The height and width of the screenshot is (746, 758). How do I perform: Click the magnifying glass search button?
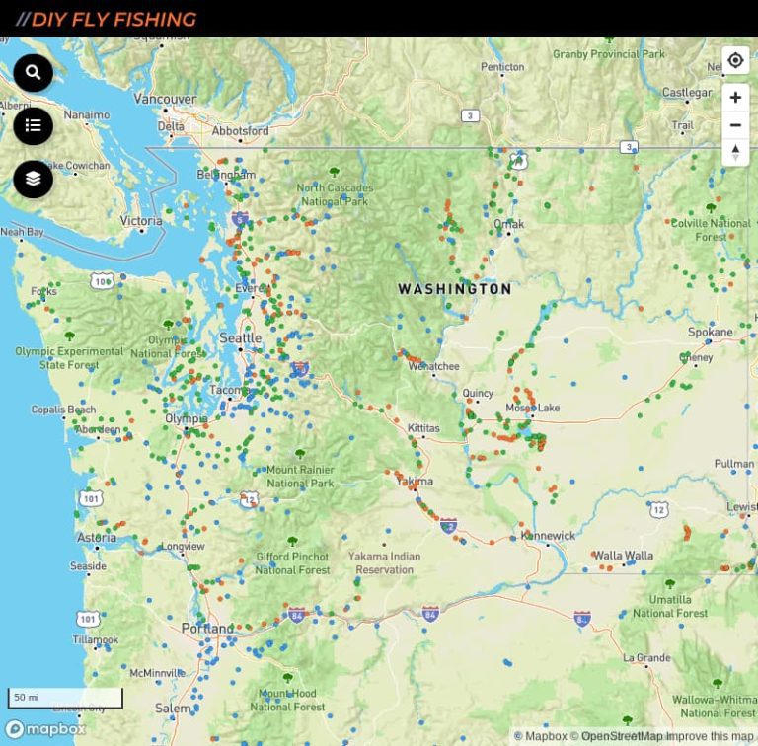pos(33,73)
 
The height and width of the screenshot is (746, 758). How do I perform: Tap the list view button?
pos(33,125)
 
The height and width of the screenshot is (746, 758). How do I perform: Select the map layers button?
pos(33,179)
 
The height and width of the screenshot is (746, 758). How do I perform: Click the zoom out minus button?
pos(735,125)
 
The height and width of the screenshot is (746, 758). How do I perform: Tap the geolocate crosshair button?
pos(735,60)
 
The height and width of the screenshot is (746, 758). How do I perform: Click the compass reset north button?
pos(735,152)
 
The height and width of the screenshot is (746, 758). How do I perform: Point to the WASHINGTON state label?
pos(454,289)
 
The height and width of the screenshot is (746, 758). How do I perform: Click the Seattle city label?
pos(240,338)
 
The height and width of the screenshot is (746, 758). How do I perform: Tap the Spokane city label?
pos(711,333)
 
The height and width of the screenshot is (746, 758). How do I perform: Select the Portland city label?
pos(207,629)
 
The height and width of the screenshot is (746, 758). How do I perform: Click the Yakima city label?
pos(414,481)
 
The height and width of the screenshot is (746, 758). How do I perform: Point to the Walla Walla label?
pos(623,556)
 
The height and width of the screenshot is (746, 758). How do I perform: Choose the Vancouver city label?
pos(165,99)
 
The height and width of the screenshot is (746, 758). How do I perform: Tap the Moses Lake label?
pos(532,408)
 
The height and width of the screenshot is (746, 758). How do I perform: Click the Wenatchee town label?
pos(433,366)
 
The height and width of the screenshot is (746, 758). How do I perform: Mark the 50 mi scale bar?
pos(65,698)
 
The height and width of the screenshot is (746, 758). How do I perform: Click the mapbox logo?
pos(45,729)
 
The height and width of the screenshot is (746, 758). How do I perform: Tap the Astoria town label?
pos(97,538)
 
